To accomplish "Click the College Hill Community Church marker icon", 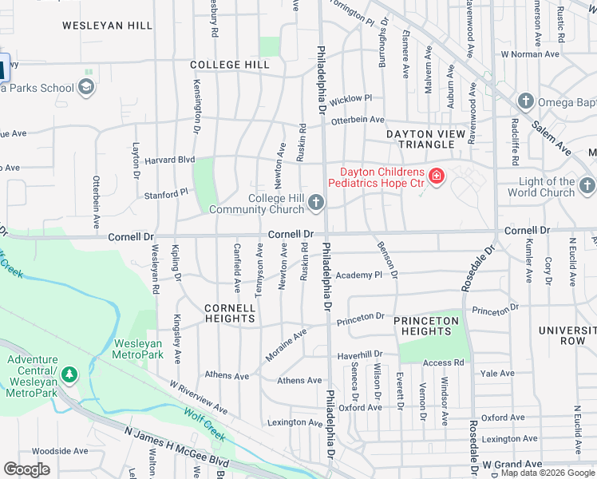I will click(x=316, y=204).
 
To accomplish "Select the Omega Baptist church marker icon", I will click(x=525, y=101).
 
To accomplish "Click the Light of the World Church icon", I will click(x=587, y=187).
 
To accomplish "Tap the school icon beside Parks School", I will click(x=86, y=88).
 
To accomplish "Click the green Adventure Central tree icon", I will click(x=69, y=374).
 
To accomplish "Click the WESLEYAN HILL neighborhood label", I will click(x=107, y=26).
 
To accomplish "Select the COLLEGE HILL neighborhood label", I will click(x=230, y=64).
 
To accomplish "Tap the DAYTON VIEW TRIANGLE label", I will click(x=420, y=139).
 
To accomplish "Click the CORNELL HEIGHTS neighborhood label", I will click(x=229, y=313).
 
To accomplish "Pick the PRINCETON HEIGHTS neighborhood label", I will click(x=426, y=326).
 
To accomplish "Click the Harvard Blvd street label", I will click(x=169, y=160).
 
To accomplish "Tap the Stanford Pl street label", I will click(x=165, y=193).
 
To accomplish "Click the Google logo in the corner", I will click(x=26, y=469).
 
